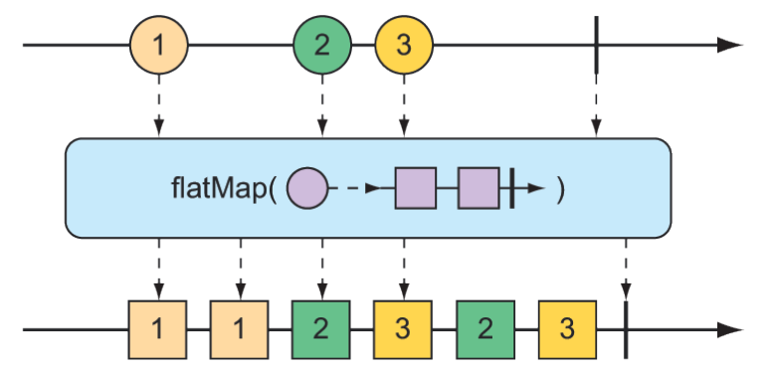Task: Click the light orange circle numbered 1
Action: click(158, 46)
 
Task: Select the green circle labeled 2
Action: click(321, 46)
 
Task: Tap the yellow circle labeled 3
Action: click(403, 46)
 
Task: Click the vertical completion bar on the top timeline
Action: click(596, 46)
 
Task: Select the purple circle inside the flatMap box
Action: click(306, 188)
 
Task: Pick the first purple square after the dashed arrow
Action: click(416, 188)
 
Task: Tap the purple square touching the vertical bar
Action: click(479, 188)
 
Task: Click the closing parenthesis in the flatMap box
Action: click(561, 189)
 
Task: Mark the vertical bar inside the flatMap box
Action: click(510, 188)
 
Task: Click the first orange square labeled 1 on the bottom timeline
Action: click(158, 328)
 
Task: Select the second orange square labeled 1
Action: click(240, 328)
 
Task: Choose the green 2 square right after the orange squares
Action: click(321, 328)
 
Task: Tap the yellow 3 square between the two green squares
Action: click(403, 328)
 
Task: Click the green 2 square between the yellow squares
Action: click(484, 328)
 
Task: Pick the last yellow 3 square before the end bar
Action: click(566, 328)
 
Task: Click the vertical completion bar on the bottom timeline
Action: click(626, 328)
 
